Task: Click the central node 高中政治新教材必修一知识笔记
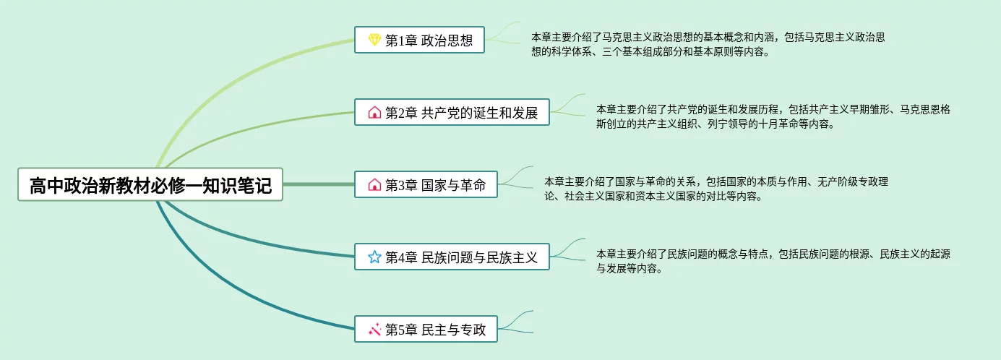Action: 150,185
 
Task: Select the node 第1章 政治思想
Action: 419,40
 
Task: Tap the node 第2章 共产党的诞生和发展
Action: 452,112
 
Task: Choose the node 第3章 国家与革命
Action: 426,184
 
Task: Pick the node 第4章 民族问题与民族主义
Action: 452,257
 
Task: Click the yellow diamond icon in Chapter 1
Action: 374,40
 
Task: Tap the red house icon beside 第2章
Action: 374,112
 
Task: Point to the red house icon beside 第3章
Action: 374,184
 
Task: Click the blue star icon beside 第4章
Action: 374,257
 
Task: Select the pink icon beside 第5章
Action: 374,330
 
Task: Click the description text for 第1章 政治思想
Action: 708,44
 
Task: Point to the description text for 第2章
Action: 773,116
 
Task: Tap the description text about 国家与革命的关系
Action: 716,189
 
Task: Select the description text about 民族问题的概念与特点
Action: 773,261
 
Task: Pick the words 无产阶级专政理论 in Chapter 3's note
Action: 853,182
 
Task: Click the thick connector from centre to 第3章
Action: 318,184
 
